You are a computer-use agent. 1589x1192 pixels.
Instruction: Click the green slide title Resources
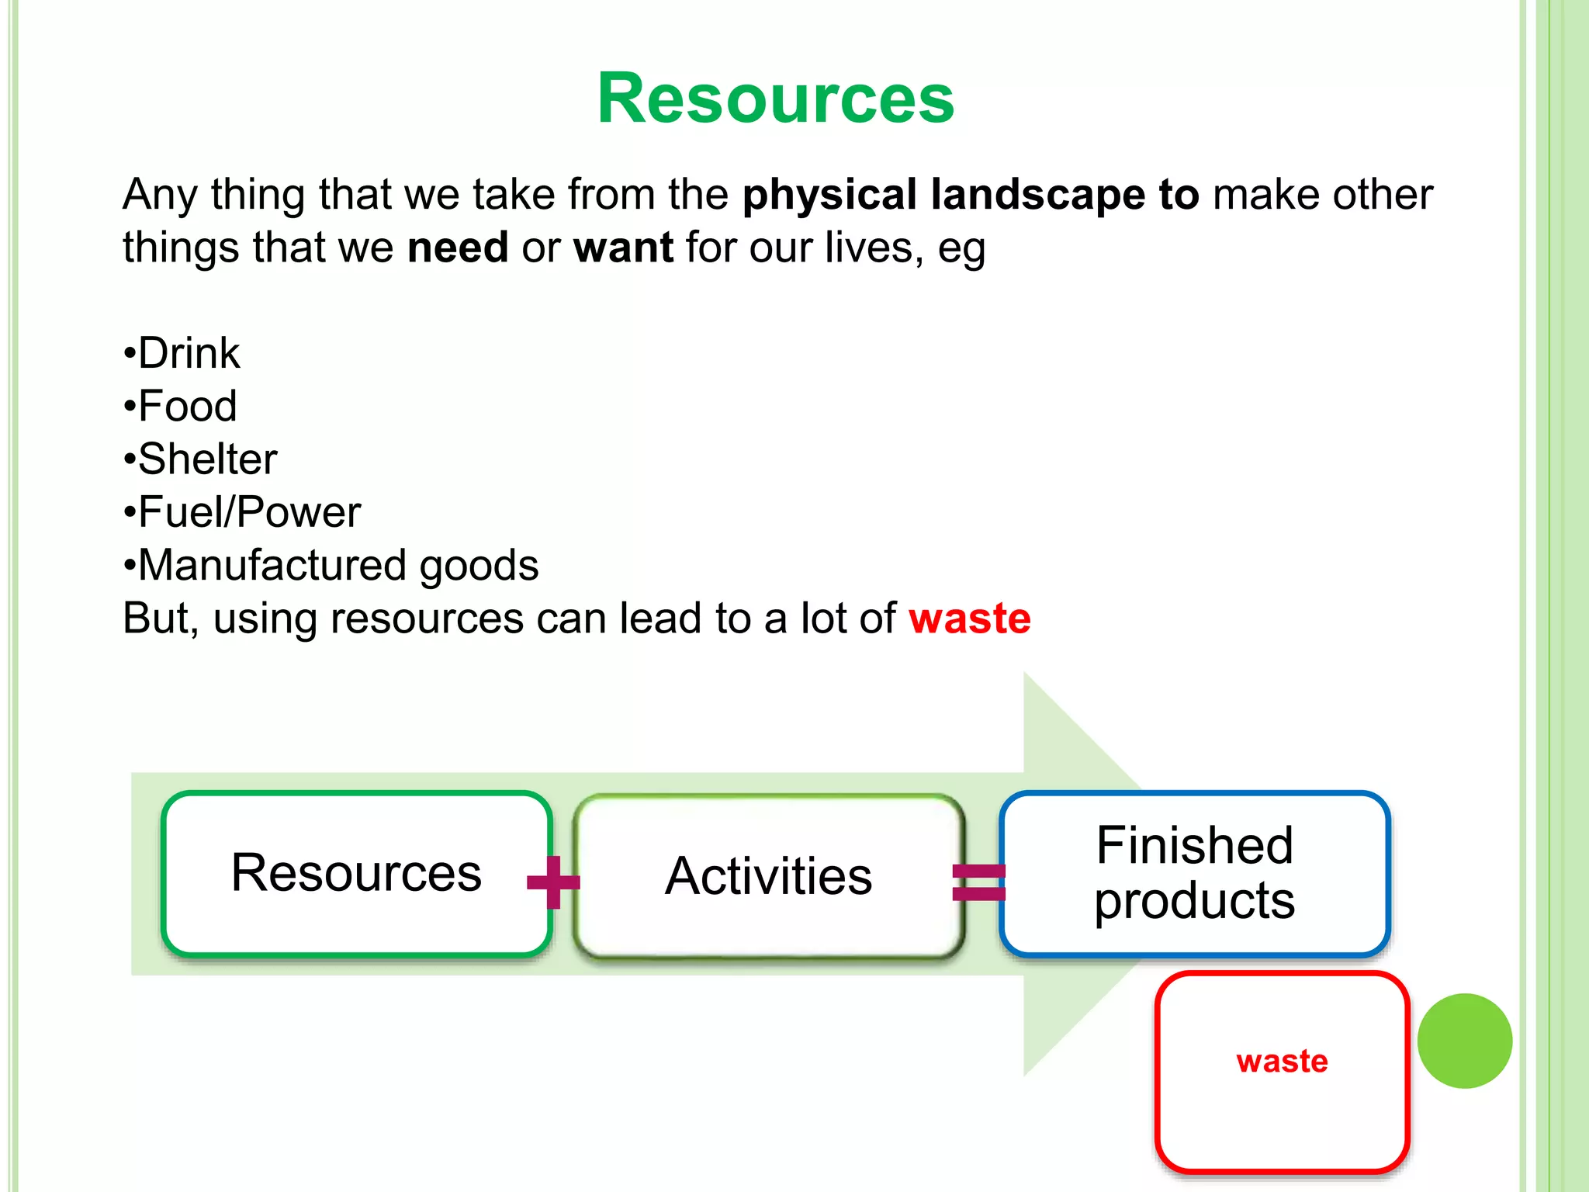click(775, 99)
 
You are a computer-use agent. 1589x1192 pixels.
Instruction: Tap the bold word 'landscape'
click(1037, 195)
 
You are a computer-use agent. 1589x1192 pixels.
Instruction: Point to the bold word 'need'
click(458, 248)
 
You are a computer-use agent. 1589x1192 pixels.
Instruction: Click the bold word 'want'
click(623, 248)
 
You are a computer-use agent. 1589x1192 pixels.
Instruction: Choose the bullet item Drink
click(189, 354)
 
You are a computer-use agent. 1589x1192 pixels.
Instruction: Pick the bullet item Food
click(187, 407)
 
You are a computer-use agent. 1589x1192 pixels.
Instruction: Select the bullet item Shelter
click(207, 459)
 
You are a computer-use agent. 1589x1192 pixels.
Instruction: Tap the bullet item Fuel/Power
click(249, 512)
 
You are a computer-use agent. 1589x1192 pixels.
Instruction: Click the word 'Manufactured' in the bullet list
click(272, 565)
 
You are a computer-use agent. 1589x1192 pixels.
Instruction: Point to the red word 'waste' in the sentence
click(969, 619)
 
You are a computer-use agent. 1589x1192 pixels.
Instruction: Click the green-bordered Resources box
click(356, 873)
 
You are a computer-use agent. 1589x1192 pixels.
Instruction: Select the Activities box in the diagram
click(768, 876)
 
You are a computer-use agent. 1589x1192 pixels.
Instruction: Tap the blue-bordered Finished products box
click(1194, 873)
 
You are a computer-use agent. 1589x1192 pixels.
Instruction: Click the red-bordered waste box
click(1282, 1071)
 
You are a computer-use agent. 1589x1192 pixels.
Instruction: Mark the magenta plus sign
click(553, 882)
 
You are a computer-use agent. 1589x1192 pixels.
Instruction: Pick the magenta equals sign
click(979, 882)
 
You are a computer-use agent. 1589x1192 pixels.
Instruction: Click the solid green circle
click(1464, 1041)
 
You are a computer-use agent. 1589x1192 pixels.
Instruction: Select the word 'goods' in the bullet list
click(479, 566)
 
